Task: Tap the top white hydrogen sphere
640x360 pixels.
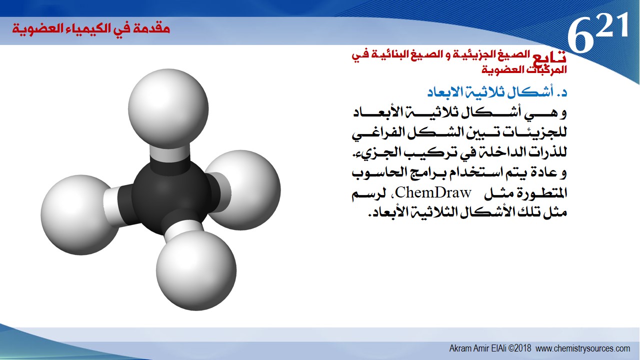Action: (x=168, y=108)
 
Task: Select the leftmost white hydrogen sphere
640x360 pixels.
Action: (x=80, y=215)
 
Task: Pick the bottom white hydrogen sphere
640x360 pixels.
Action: (x=196, y=270)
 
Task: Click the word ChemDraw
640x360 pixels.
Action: (x=433, y=192)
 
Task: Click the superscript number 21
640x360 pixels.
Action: (x=612, y=25)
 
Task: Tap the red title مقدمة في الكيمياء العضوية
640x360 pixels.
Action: (x=91, y=28)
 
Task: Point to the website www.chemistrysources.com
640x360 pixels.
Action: (x=583, y=348)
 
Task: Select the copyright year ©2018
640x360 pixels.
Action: (x=520, y=348)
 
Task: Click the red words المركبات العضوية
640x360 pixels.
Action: (x=524, y=69)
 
